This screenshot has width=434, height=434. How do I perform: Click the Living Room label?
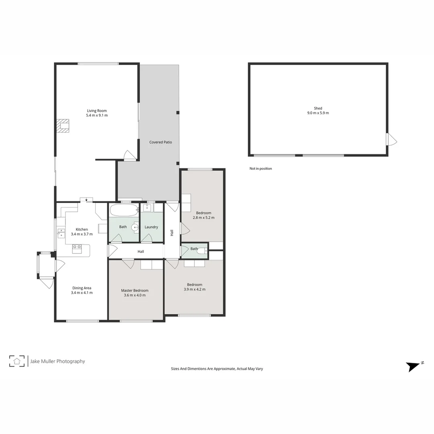(97, 113)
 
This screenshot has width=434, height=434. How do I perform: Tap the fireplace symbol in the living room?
(63, 125)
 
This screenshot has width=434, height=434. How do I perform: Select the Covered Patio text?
(160, 142)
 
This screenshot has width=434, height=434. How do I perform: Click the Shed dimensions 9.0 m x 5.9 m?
(318, 113)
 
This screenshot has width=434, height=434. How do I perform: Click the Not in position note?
(260, 169)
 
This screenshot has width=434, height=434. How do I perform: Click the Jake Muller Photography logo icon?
(17, 361)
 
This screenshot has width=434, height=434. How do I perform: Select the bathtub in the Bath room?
(123, 211)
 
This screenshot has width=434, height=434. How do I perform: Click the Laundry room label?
(151, 227)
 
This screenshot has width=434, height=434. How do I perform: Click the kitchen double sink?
(61, 233)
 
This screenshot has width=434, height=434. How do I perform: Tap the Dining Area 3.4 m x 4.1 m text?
(82, 290)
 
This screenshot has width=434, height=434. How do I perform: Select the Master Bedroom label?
(135, 293)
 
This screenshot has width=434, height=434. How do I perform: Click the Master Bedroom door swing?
(129, 264)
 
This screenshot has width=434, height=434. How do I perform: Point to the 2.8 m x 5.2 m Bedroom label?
(203, 215)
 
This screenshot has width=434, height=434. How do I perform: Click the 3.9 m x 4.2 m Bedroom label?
(194, 287)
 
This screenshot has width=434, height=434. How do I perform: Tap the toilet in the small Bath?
(204, 251)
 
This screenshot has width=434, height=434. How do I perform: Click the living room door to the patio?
(129, 156)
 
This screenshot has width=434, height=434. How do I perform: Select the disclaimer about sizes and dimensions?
(217, 368)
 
